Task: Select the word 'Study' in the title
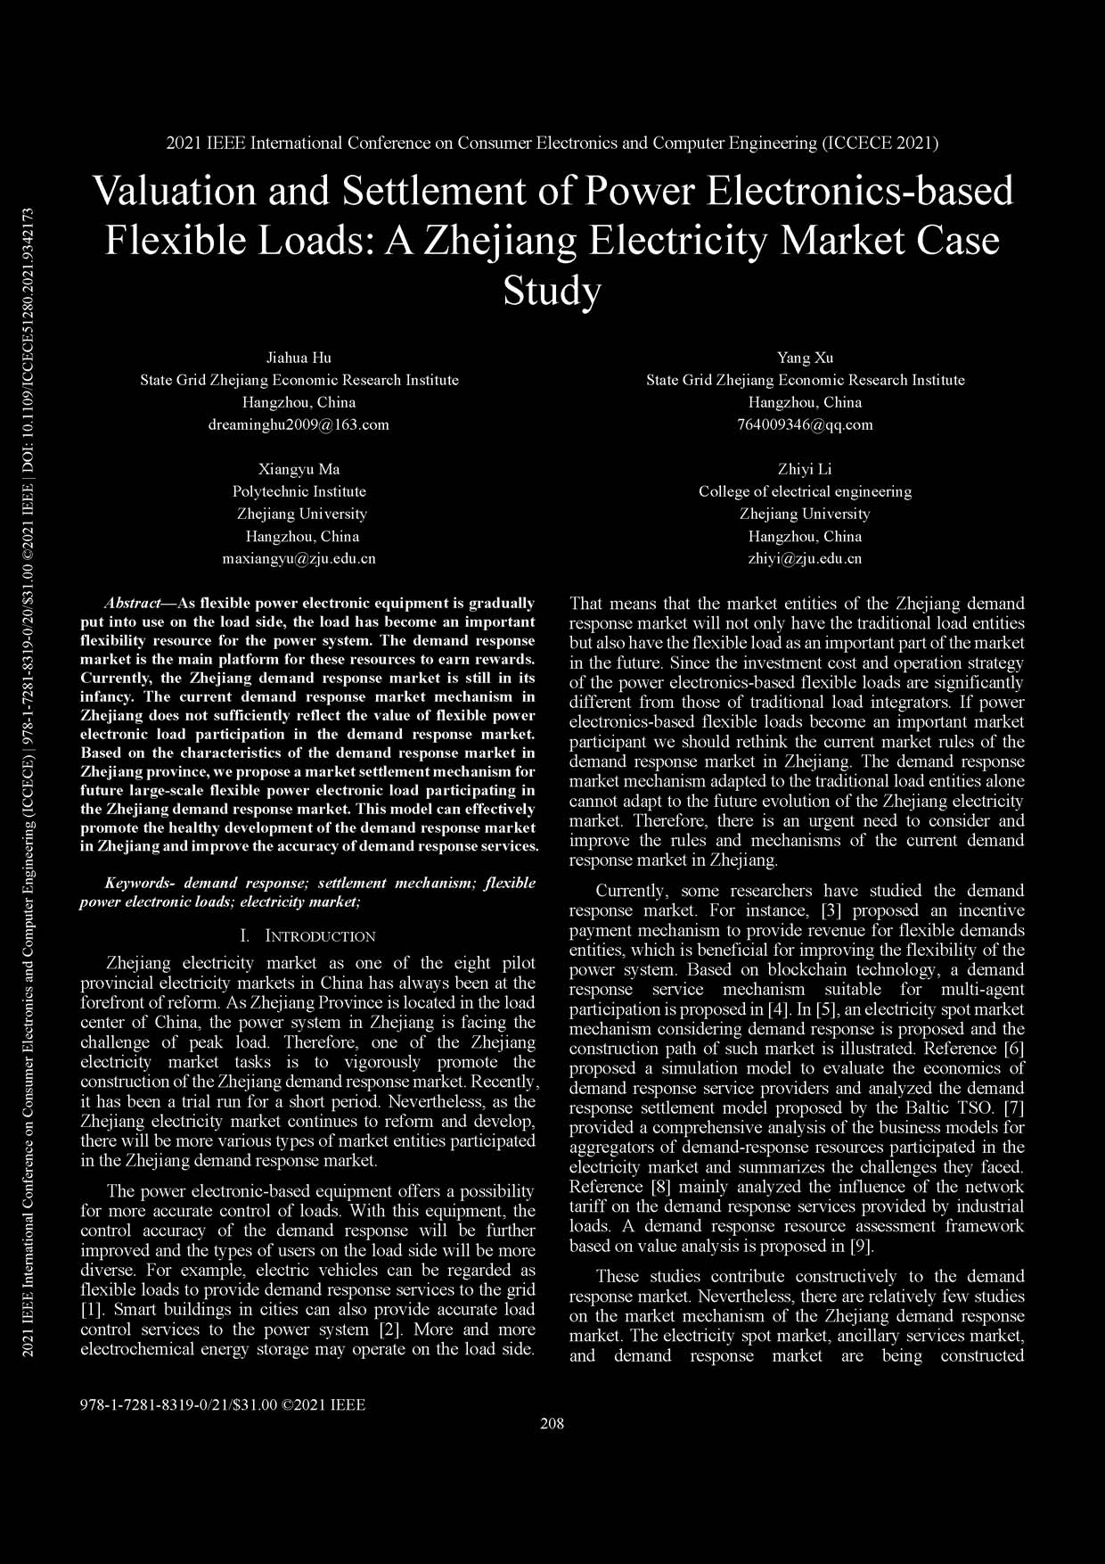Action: click(x=552, y=291)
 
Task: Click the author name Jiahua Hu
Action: click(x=299, y=358)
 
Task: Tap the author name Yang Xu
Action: click(x=805, y=358)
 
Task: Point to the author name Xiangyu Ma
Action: click(x=299, y=470)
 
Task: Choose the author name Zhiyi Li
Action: click(x=805, y=470)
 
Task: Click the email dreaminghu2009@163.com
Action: click(x=299, y=425)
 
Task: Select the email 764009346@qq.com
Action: click(x=805, y=425)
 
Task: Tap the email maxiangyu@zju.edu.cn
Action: click(x=299, y=559)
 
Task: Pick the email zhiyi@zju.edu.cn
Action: click(x=805, y=559)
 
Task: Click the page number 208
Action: click(x=552, y=1423)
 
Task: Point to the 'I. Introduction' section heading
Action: click(x=308, y=936)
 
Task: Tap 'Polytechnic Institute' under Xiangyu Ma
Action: click(x=299, y=492)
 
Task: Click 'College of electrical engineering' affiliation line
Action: click(x=805, y=492)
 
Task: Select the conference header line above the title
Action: click(x=552, y=143)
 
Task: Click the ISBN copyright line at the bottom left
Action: click(x=223, y=1405)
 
